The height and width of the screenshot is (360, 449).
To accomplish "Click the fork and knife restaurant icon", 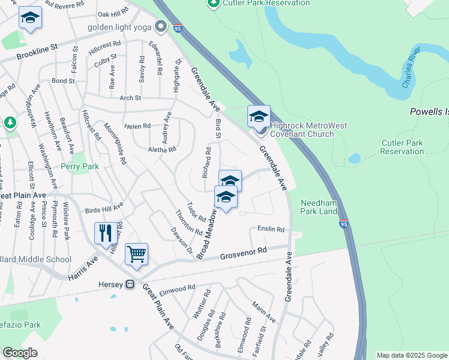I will pos(106,233).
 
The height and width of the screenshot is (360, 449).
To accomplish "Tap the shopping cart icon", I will pos(136,254).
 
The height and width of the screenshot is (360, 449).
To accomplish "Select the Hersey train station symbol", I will pos(130,284).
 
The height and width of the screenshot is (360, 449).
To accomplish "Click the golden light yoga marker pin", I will pos(160,26).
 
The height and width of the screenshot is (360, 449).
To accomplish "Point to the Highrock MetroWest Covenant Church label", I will pos(301,130).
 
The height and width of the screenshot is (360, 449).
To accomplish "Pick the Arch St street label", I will pos(130,98).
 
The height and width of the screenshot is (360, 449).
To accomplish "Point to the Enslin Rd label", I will pos(271,229).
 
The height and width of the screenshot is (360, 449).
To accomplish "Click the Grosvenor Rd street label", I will pos(243,252).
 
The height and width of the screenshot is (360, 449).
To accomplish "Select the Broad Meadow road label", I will pos(205,232).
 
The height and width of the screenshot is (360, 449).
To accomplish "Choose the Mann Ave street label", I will pos(264,311).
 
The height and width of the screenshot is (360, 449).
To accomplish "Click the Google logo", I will pos(20,353).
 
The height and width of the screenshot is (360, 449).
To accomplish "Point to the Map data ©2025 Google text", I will pos(411,355).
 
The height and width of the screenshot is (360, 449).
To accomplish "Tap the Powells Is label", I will pos(429,112).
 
